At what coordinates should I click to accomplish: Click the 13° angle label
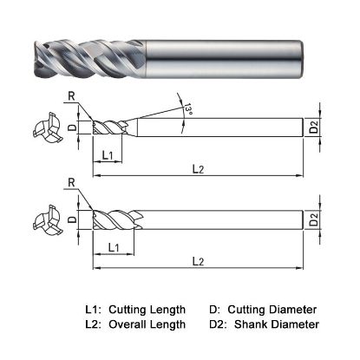click(x=187, y=110)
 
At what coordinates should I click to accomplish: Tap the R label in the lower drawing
click(x=68, y=184)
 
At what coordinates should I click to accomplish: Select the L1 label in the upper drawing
click(x=106, y=154)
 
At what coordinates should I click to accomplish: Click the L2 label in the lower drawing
click(x=199, y=261)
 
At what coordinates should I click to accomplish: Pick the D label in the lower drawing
click(x=73, y=220)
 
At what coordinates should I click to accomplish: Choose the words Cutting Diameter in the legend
click(x=274, y=310)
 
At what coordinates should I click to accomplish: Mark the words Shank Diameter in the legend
click(x=272, y=324)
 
